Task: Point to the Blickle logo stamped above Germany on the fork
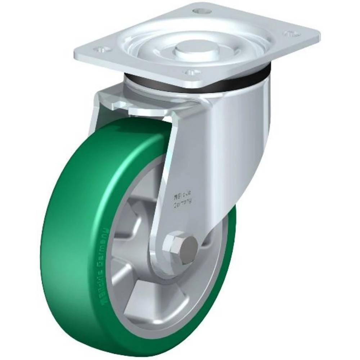click(x=182, y=197)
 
